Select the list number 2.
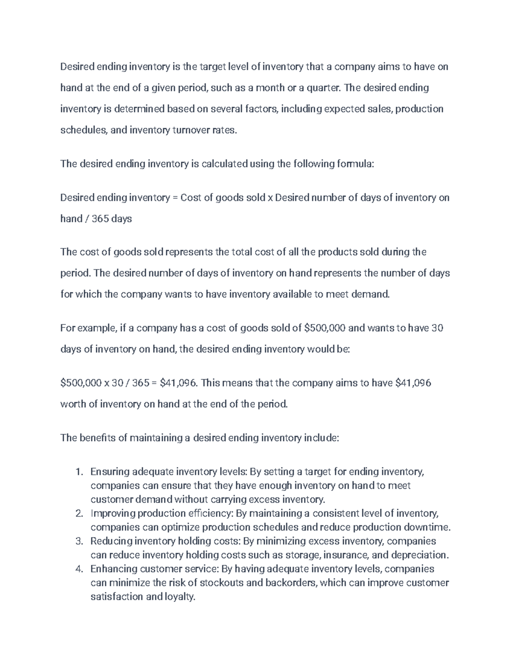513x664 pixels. (x=78, y=513)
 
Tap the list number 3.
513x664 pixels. (x=78, y=541)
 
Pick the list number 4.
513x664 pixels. (x=78, y=569)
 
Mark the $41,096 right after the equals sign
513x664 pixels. (x=179, y=383)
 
